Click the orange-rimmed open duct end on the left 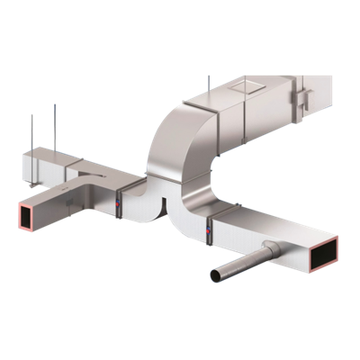[19, 216]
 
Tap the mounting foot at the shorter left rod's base [33, 158]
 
